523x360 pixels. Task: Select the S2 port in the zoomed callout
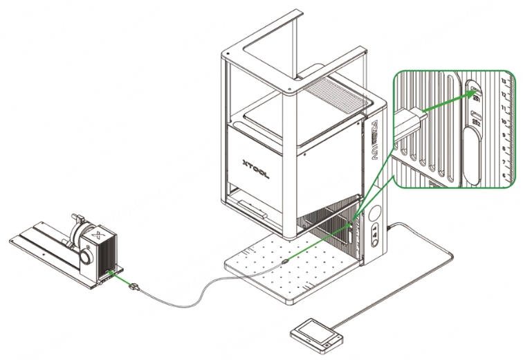pos(475,118)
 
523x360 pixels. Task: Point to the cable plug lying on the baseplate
pos(286,262)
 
